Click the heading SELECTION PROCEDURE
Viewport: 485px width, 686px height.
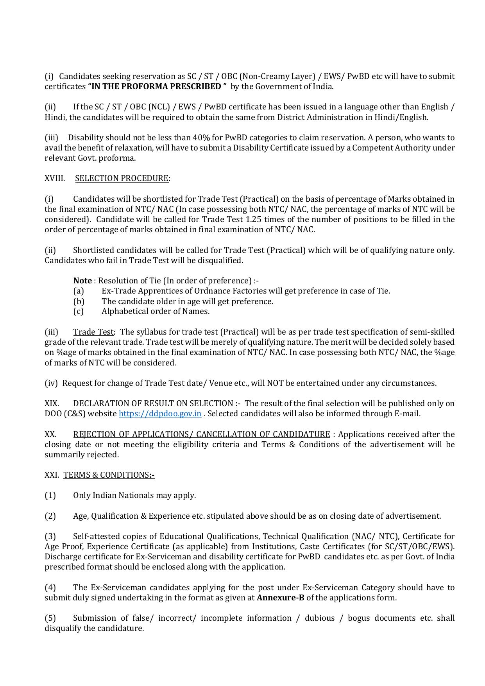122,178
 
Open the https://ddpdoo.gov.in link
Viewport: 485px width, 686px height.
160,414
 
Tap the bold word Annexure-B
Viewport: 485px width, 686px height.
280,598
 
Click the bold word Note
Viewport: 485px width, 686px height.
82,281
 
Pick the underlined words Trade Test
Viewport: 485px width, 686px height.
93,332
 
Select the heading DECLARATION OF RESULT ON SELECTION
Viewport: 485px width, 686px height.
153,403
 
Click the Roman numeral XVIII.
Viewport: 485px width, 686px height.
55,178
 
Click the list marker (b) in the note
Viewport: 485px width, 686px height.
79,301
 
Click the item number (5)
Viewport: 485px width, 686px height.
50,618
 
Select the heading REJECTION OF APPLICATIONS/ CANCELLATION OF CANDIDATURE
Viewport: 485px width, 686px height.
201,434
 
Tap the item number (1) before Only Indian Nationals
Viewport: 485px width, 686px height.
50,495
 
